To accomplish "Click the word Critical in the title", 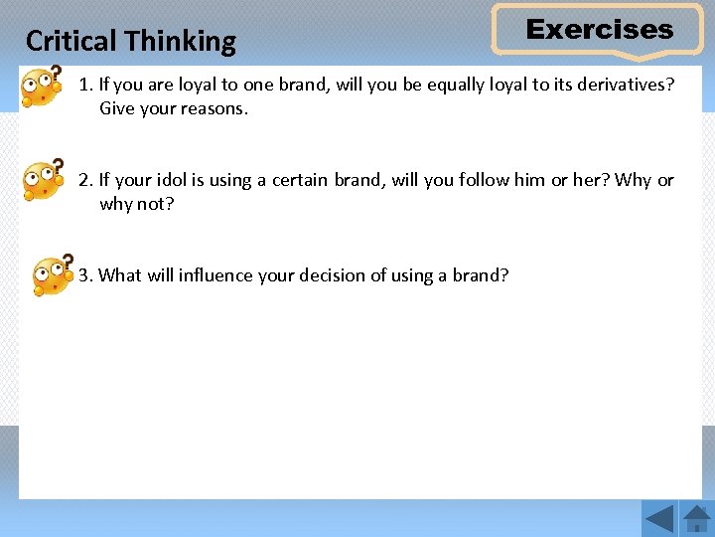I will pyautogui.click(x=64, y=41).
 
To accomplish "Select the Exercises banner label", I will pyautogui.click(x=599, y=30).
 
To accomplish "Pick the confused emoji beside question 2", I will pyautogui.click(x=43, y=180).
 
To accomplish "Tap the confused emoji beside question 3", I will pyautogui.click(x=52, y=274).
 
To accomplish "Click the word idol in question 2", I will pyautogui.click(x=164, y=180).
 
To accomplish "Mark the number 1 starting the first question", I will pyautogui.click(x=84, y=85).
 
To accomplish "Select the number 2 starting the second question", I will pyautogui.click(x=84, y=180).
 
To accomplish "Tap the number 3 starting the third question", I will pyautogui.click(x=84, y=274).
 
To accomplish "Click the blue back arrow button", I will pyautogui.click(x=658, y=519).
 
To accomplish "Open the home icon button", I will pyautogui.click(x=696, y=519).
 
